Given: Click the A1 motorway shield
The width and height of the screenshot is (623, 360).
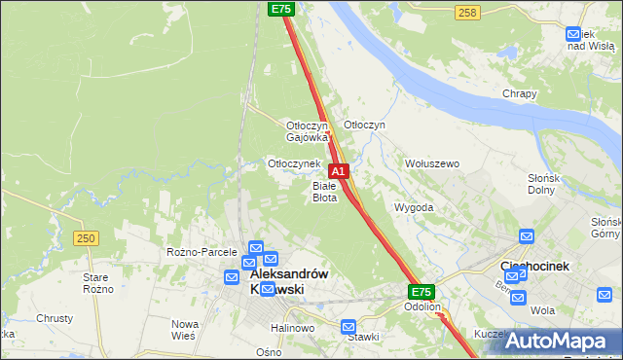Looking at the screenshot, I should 339,170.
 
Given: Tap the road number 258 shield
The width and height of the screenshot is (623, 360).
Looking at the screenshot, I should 467,12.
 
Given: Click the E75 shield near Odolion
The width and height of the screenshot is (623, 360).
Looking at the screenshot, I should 421,292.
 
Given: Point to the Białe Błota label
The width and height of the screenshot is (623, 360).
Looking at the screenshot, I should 324,191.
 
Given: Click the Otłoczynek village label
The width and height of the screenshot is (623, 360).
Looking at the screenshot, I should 294,163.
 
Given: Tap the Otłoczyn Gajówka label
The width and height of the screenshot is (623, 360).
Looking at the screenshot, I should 307,131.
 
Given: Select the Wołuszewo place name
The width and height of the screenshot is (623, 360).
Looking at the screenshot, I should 432,163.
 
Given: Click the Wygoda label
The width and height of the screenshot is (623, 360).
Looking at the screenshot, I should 414,207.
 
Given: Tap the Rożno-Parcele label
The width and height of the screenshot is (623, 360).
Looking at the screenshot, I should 202,252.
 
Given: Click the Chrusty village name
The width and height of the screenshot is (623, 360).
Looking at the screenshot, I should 55,318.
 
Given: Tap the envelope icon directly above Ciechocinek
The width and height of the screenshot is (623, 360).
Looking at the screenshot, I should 527,236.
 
